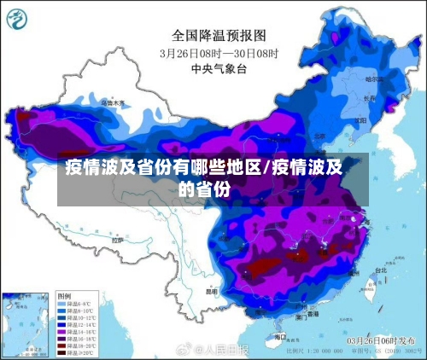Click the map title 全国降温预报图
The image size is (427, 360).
219,36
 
